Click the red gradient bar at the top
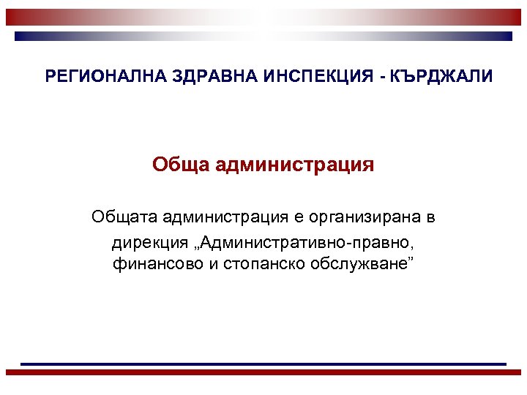[x=263, y=17]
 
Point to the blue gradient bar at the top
[x=263, y=35]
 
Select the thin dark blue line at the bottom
[x=263, y=364]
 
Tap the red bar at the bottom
[x=263, y=372]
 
